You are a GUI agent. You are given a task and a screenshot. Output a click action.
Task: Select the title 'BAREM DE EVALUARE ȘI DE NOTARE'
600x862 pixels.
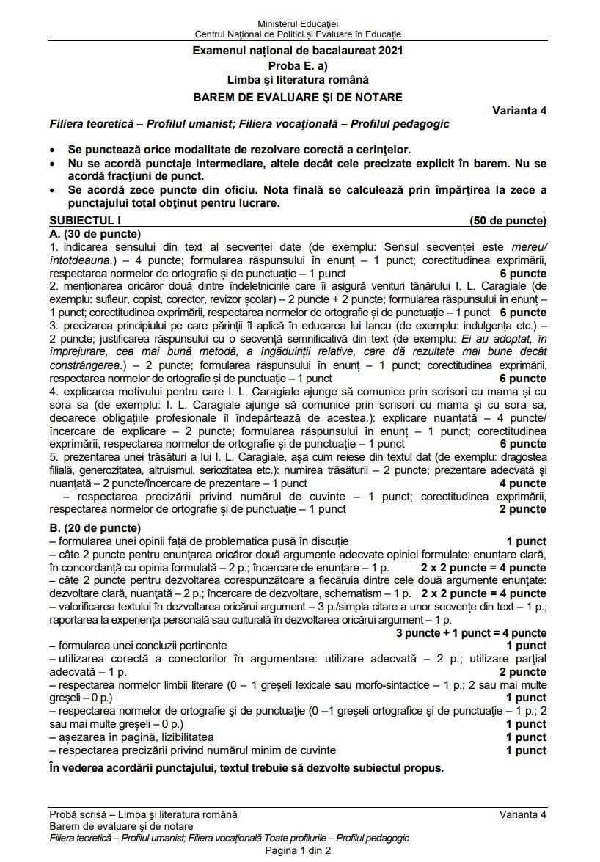pos(298,97)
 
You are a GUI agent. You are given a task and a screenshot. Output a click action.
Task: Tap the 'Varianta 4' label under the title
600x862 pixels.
pos(519,111)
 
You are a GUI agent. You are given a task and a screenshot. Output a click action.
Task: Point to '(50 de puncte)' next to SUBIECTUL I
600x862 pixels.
pos(508,220)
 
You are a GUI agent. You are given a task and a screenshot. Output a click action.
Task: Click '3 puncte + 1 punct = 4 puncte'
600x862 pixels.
pos(471,633)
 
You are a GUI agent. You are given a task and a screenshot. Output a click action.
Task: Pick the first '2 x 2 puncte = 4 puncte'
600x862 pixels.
pos(483,568)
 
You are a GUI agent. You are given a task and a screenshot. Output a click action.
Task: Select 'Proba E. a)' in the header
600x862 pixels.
pos(298,65)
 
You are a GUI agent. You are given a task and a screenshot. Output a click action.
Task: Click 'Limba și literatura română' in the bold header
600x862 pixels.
pos(298,79)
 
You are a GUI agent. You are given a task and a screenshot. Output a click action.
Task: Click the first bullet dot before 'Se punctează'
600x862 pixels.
pos(53,148)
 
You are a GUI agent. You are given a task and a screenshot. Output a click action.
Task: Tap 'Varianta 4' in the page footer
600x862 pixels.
pos(523,814)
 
